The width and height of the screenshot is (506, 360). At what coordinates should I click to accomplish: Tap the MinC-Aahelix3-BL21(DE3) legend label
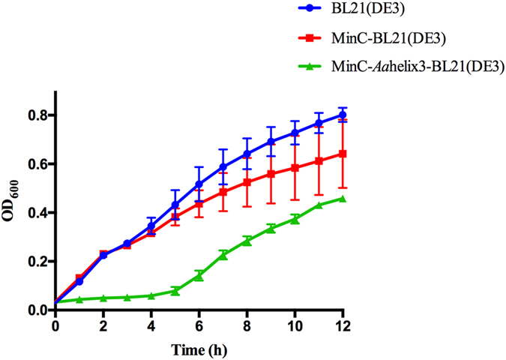coord(410,67)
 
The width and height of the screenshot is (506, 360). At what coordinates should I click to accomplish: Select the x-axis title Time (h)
coord(199,349)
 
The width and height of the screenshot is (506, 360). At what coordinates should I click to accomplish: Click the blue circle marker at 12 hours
coord(343,115)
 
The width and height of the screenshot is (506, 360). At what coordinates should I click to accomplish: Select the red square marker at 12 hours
coord(343,154)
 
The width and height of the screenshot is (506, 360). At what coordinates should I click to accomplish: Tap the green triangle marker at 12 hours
coord(343,198)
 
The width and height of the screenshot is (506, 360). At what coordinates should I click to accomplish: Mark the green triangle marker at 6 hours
coord(199,275)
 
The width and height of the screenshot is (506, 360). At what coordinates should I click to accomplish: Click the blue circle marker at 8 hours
coord(247,154)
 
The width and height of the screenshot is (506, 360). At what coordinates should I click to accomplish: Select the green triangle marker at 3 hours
coord(127,297)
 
